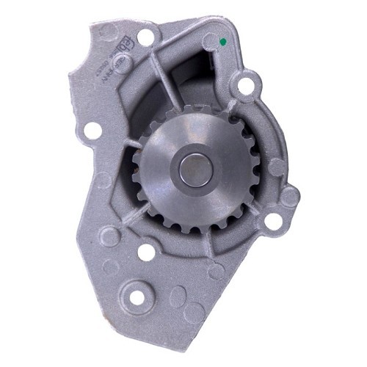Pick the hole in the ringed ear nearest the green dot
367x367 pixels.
[x=244, y=86]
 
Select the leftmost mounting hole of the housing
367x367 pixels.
[x=93, y=131]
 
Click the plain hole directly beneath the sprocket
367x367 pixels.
[x=147, y=252]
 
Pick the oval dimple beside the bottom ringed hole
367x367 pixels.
[x=178, y=297]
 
